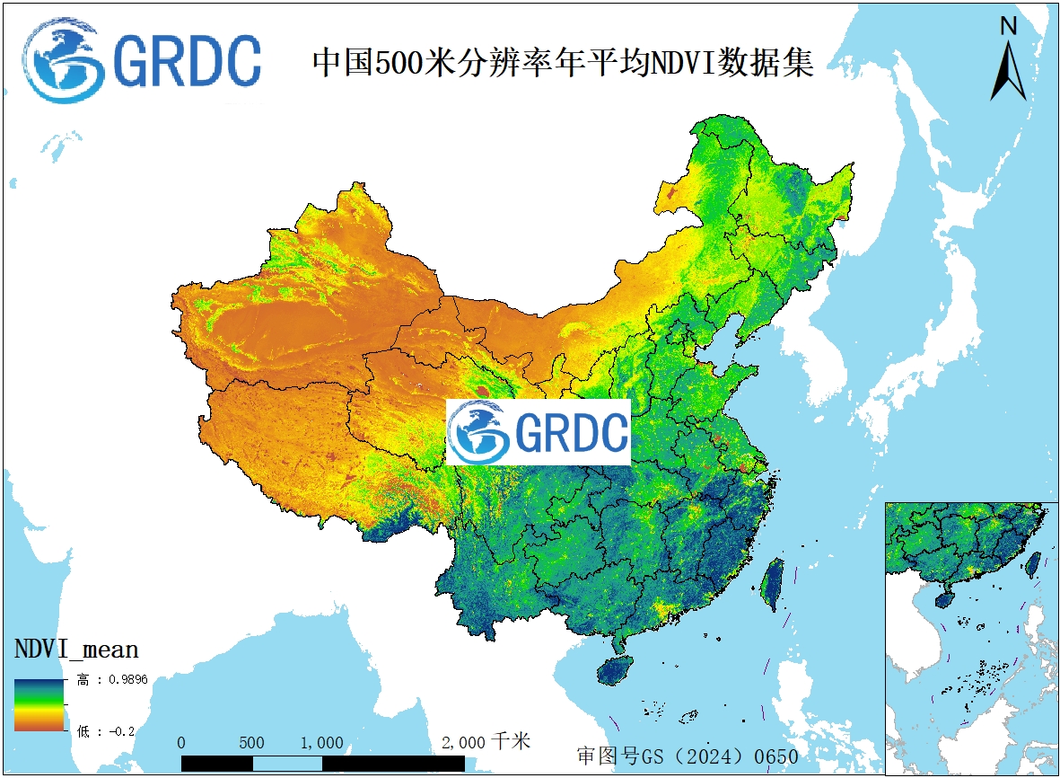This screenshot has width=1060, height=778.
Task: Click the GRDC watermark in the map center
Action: (x=539, y=432)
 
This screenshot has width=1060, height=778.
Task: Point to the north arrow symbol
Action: (x=1008, y=72)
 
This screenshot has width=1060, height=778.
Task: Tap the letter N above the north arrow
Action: (x=1008, y=27)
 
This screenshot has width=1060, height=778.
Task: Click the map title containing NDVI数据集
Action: (x=563, y=63)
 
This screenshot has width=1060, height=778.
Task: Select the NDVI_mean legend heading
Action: (x=76, y=649)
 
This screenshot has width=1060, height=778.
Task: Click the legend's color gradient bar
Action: (x=39, y=705)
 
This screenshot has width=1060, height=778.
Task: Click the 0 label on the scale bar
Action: (x=181, y=743)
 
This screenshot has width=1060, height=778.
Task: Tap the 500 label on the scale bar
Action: (x=252, y=743)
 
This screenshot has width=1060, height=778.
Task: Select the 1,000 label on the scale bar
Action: (x=321, y=743)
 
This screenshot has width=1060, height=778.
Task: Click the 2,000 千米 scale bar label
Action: (x=486, y=742)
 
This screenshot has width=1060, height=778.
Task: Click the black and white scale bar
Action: (x=323, y=763)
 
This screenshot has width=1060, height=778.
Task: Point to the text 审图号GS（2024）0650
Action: (x=687, y=756)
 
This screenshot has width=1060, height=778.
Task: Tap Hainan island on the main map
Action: (x=616, y=669)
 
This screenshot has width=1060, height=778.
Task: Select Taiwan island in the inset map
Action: (x=1033, y=563)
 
